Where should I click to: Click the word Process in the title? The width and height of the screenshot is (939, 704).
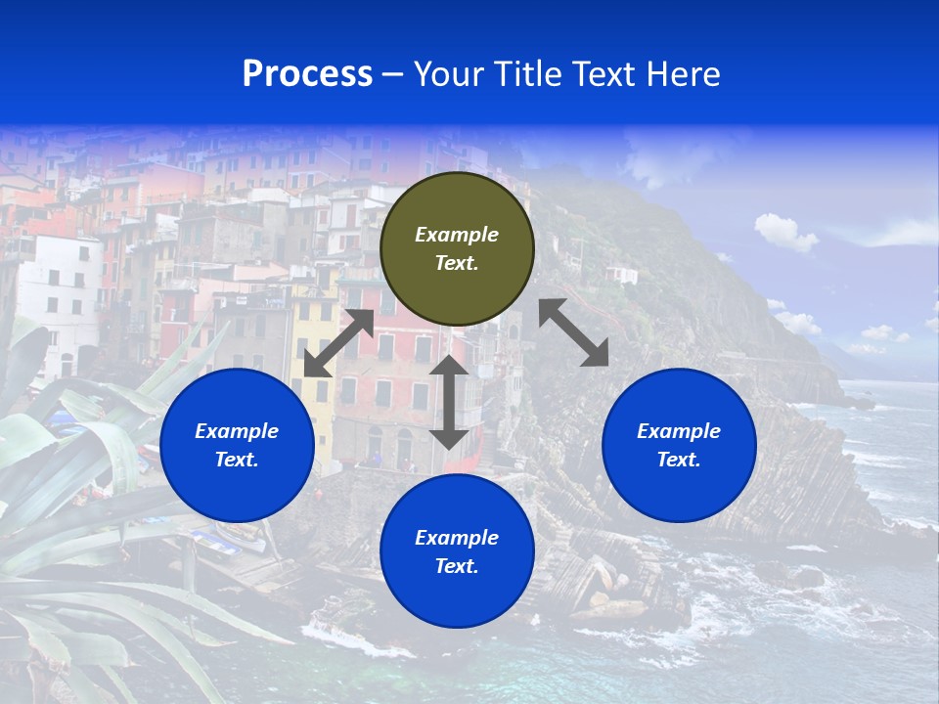pyautogui.click(x=307, y=74)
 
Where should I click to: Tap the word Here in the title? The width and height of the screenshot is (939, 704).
pyautogui.click(x=684, y=74)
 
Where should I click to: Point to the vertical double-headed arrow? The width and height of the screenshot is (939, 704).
pyautogui.click(x=449, y=402)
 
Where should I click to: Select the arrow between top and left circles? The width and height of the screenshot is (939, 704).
pyautogui.click(x=338, y=343)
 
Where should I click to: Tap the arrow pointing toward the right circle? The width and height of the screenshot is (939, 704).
pyautogui.click(x=574, y=332)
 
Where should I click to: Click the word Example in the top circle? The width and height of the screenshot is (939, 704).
pyautogui.click(x=457, y=235)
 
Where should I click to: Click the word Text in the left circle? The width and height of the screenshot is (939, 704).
pyautogui.click(x=237, y=460)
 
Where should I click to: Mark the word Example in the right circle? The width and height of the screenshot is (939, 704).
pyautogui.click(x=679, y=431)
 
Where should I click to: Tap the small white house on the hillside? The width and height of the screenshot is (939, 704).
pyautogui.click(x=622, y=275)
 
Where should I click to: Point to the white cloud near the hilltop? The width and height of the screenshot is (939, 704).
pyautogui.click(x=785, y=232)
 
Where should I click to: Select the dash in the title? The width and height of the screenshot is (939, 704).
pyautogui.click(x=392, y=74)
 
